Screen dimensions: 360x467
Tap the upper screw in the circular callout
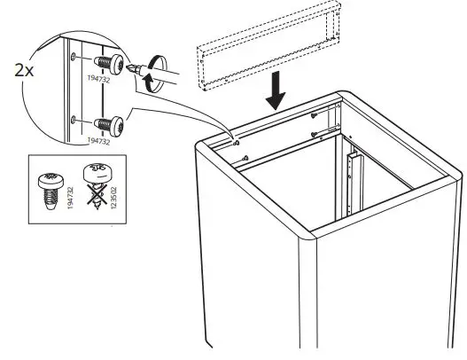pos(109,63)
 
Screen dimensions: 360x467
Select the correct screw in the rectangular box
pos(49,186)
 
